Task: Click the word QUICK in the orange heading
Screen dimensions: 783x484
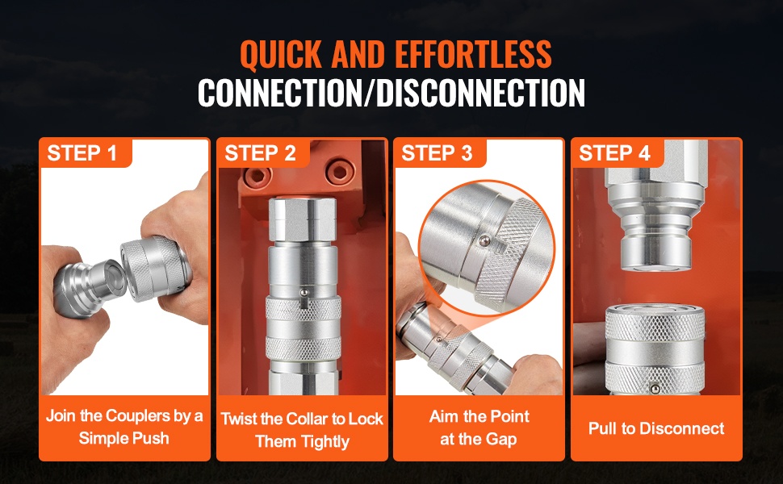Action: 281,54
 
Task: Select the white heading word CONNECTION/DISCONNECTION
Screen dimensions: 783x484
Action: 391,93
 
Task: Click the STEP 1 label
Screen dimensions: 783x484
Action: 82,153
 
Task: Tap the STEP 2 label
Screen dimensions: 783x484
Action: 260,153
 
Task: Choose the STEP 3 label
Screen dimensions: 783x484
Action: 437,153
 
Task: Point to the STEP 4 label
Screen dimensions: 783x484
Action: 614,153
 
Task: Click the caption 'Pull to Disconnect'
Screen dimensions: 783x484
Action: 656,428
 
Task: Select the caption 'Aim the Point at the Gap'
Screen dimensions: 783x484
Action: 479,428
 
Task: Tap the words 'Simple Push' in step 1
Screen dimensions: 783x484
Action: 124,438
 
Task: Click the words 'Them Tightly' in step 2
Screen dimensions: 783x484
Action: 302,441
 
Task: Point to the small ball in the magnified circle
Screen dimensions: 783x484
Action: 484,241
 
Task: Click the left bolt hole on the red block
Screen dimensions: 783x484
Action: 258,175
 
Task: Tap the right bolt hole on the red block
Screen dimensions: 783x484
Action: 341,172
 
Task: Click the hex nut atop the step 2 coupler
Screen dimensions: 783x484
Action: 302,219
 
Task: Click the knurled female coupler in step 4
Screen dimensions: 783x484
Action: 655,349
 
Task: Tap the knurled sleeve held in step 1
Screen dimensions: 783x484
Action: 156,268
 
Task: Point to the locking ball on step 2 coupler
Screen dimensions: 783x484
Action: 304,292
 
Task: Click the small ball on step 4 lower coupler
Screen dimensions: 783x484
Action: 655,389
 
